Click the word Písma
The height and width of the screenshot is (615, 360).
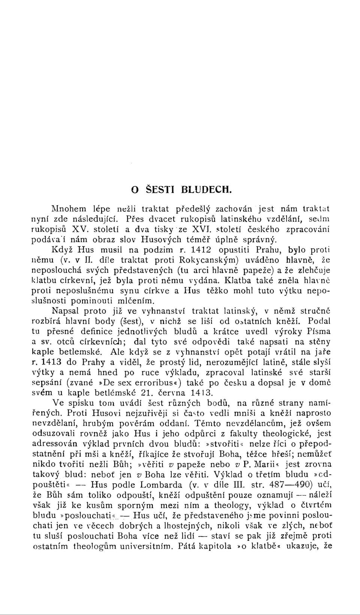pyautogui.click(x=318, y=332)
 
